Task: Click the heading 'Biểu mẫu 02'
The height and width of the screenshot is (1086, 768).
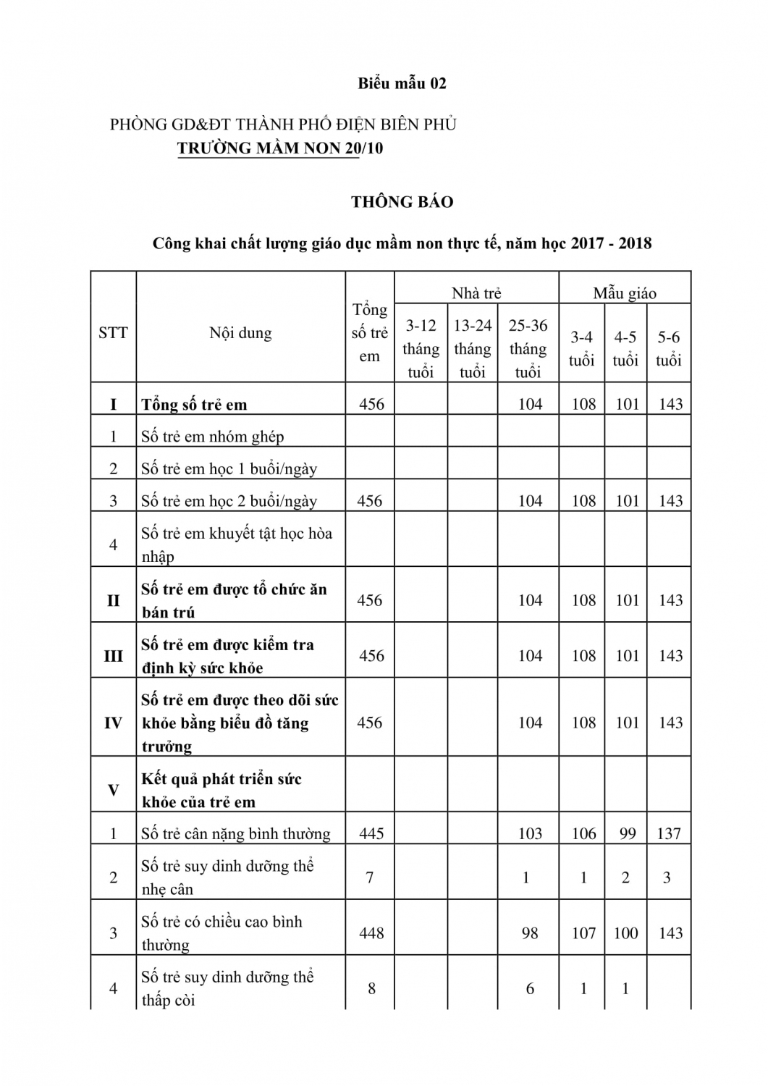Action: pos(402,83)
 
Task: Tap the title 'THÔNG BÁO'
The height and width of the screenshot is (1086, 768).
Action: pos(402,202)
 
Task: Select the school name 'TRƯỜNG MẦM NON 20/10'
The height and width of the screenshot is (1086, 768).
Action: pos(280,148)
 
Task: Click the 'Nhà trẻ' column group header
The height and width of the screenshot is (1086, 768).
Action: pos(476,293)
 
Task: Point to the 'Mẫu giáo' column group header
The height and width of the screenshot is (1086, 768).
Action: pos(625,293)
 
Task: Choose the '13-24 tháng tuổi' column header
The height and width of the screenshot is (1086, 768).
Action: pos(473,348)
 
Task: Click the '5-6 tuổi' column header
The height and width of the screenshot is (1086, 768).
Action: pos(669,348)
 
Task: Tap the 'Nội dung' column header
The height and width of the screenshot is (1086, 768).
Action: pos(240,333)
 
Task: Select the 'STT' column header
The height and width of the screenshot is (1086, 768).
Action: pos(113,333)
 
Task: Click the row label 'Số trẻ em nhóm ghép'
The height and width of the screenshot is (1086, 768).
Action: pos(212,437)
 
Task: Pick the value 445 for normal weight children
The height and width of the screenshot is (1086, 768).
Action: pos(371,833)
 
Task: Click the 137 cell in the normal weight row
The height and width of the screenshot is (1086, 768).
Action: pos(669,833)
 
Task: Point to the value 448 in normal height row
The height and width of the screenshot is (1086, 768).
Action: pos(371,933)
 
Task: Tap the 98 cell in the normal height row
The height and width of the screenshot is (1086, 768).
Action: pos(530,933)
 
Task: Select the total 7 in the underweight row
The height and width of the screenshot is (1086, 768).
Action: pos(370,877)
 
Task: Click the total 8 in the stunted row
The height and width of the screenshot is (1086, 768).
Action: pos(371,988)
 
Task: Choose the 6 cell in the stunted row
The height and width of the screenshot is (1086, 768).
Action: pos(530,988)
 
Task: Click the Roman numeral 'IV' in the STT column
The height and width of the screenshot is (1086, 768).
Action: pos(113,723)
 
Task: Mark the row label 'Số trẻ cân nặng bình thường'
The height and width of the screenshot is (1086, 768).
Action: pos(235,833)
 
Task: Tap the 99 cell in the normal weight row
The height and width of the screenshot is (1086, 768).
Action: pos(627,833)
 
